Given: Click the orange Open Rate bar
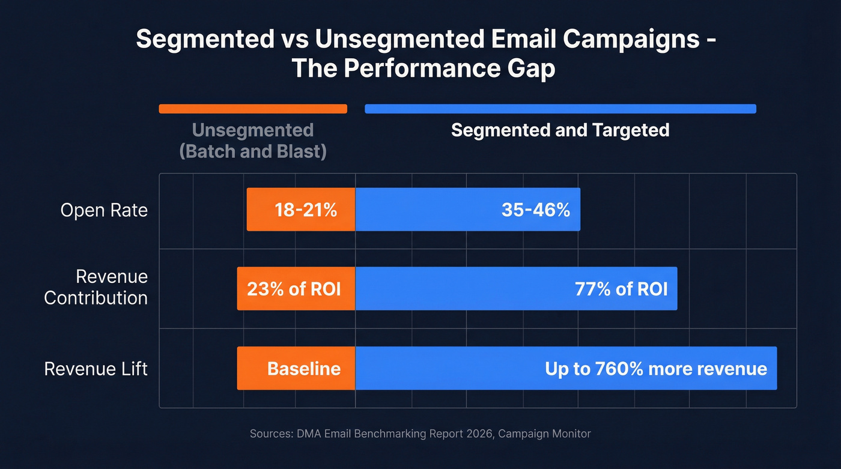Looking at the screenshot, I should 300,210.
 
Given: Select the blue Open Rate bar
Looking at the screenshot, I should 467,210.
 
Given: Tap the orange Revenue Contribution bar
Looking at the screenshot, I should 296,289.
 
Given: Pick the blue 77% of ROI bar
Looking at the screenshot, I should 516,289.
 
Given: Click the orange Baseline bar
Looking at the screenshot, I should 296,368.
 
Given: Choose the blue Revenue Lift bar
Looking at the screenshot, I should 566,368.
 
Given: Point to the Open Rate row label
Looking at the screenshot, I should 104,210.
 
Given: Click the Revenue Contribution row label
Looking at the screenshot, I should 96,287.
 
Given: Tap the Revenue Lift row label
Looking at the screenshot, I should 96,368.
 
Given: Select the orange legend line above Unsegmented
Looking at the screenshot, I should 253,109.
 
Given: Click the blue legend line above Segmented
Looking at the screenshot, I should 560,109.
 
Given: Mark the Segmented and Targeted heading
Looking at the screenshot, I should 560,130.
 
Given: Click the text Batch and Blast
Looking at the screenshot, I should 253,151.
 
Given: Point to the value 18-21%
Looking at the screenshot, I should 305,210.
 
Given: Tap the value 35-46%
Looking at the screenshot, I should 535,210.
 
